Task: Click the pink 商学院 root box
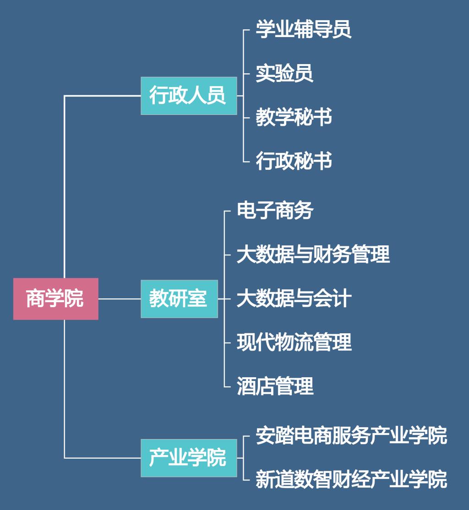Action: point(55,298)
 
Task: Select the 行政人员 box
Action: point(188,96)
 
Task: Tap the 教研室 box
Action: point(179,298)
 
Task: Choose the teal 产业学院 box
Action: point(188,458)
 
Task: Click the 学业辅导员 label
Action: point(303,29)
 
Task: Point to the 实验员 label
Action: point(284,73)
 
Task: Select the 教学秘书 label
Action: point(294,117)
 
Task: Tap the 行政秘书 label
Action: point(294,161)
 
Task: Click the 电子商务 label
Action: point(275,211)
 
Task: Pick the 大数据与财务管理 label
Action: point(313,255)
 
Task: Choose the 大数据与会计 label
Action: point(294,298)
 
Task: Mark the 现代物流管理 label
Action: point(294,342)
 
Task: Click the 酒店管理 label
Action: point(275,386)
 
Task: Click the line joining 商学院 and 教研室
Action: point(119,298)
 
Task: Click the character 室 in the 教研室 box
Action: point(198,298)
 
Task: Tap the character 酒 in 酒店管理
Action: point(246,386)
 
